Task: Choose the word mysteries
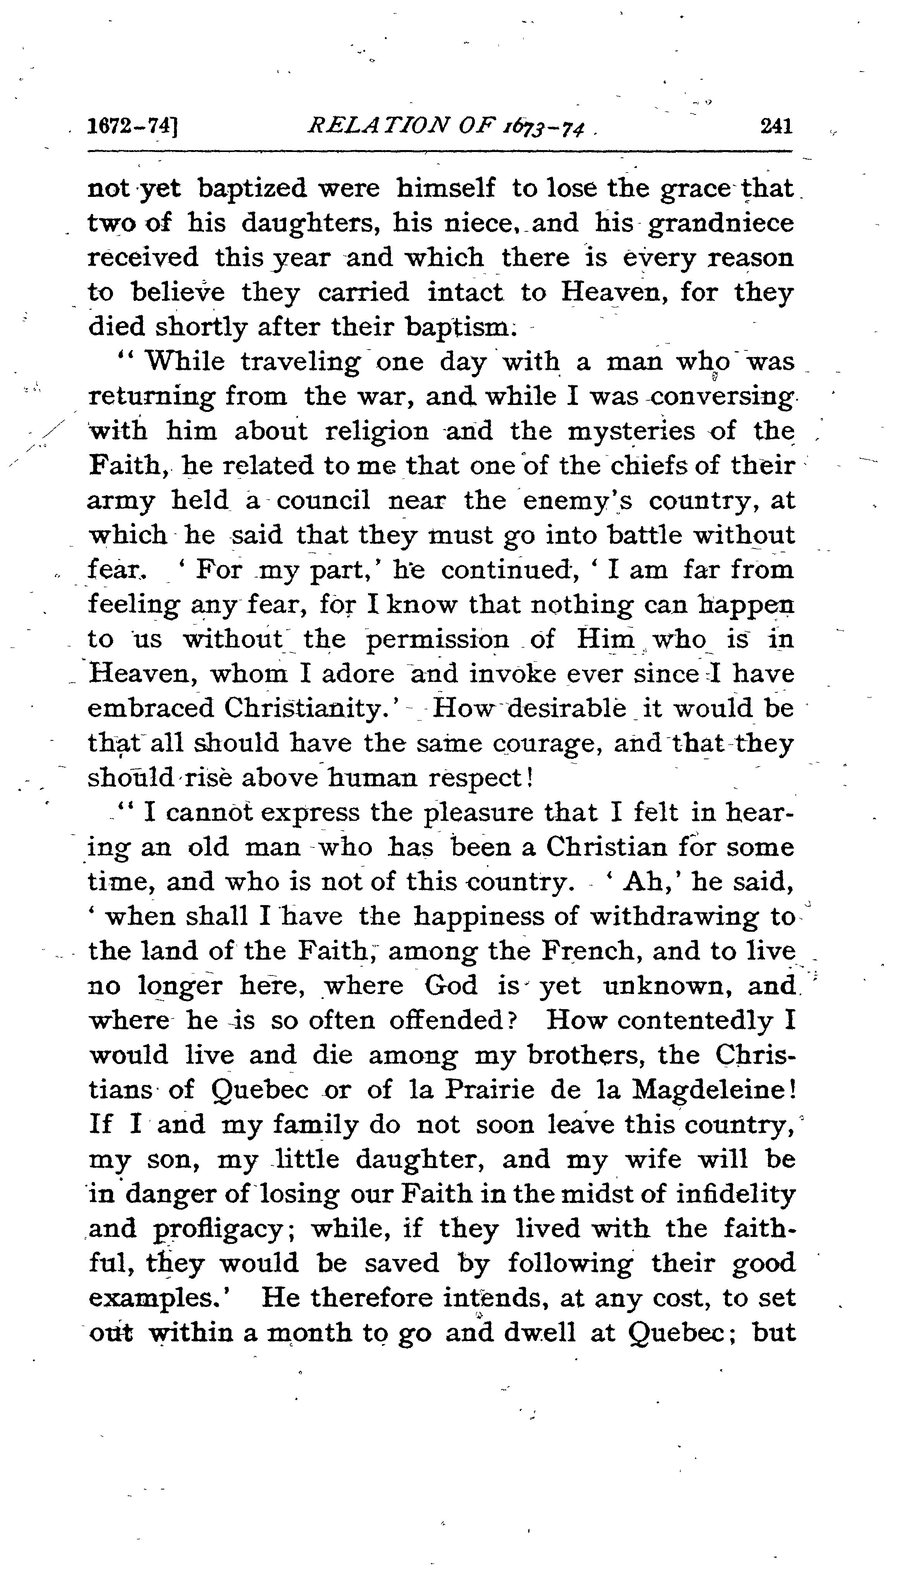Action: coord(632,431)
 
